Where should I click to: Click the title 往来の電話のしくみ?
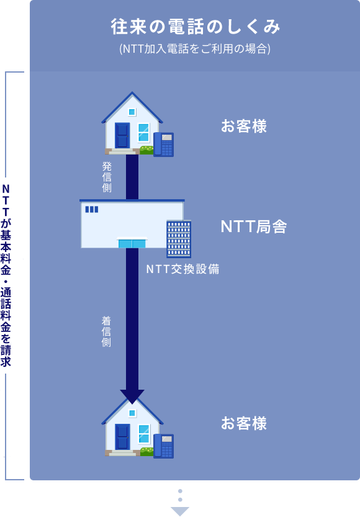pos(196,27)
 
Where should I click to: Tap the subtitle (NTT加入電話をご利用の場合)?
pos(195,49)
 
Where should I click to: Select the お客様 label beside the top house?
pos(244,126)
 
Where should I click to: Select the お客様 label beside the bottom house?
pos(244,423)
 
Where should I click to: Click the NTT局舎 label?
pos(253,227)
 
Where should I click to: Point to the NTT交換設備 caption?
pos(183,269)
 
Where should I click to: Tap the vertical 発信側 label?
pos(107,177)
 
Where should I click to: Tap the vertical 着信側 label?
pos(106,331)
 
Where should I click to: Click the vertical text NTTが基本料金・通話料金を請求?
pos(6,276)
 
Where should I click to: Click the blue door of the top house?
pos(122,135)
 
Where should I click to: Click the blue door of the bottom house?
pos(122,437)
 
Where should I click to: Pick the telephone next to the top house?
pos(163,145)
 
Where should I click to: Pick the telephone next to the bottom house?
pos(163,446)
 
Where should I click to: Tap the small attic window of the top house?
pos(132,112)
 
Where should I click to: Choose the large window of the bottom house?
pos(144,434)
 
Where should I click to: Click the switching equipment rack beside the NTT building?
pos(179,239)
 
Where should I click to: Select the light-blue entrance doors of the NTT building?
pos(132,243)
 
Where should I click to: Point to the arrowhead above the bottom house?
pos(132,397)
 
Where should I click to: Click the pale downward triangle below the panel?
pos(180,511)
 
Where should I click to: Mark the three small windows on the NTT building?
pos(92,209)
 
